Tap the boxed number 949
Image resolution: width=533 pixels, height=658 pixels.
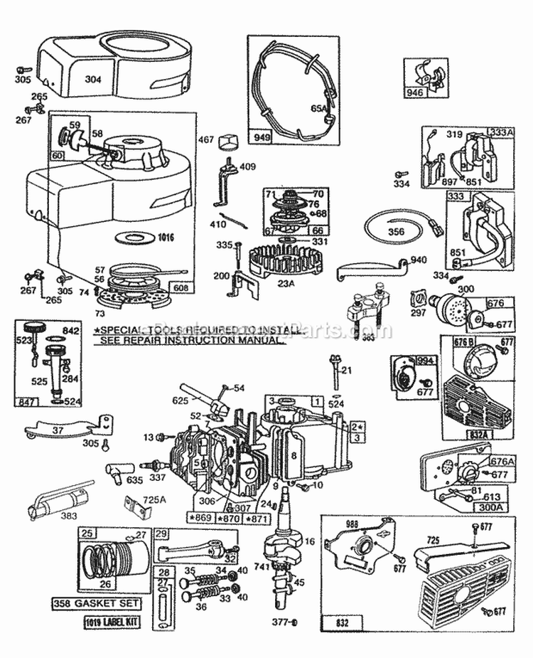[x=259, y=134]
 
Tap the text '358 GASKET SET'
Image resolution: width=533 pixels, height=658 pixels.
[x=105, y=604]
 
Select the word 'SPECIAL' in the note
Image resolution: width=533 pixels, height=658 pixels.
[x=119, y=331]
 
